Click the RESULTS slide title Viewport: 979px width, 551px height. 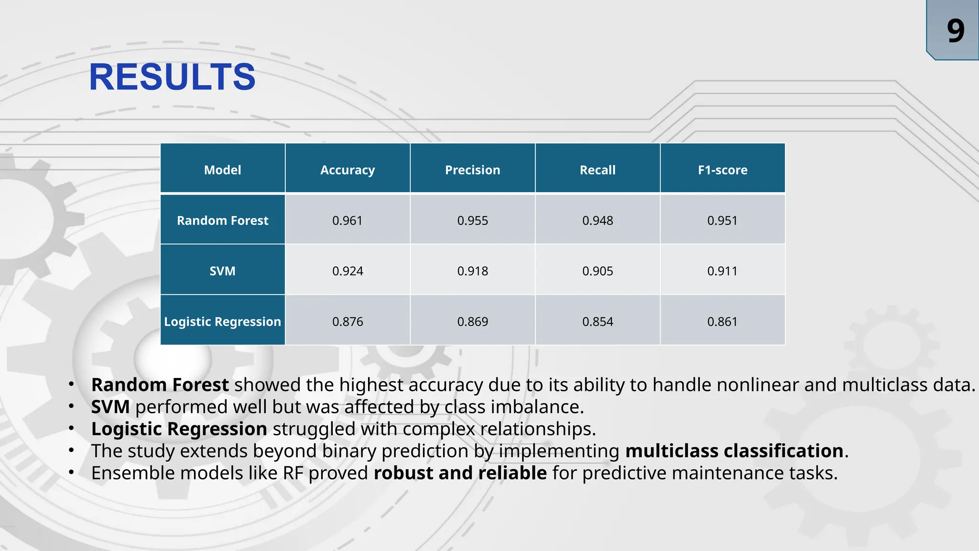(x=172, y=77)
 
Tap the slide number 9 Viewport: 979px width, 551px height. (x=955, y=31)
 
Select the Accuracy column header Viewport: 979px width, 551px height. (x=348, y=170)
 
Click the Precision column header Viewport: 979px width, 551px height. (x=472, y=170)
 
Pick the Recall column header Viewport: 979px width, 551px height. (x=598, y=170)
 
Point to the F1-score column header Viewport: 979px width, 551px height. (x=722, y=170)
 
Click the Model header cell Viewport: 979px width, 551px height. (x=222, y=170)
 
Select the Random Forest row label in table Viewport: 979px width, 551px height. (x=222, y=220)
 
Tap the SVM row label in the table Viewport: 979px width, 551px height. (x=222, y=271)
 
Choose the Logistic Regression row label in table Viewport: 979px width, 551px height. (x=222, y=321)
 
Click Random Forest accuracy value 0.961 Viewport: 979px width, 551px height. (x=348, y=220)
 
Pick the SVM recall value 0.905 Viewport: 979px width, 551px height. (x=598, y=271)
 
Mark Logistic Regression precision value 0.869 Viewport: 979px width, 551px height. (x=472, y=321)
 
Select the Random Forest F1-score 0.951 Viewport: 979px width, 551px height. (x=722, y=220)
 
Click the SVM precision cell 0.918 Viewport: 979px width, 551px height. (x=472, y=271)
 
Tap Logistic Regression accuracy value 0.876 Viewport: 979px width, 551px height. (x=348, y=321)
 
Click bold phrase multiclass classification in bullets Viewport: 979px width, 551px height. (x=734, y=451)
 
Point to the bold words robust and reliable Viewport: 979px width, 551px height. (x=460, y=473)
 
